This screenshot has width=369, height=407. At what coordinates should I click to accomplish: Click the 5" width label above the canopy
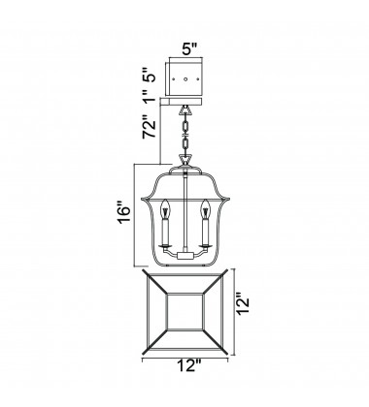tap(189, 45)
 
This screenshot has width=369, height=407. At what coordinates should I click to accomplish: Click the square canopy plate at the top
tap(189, 74)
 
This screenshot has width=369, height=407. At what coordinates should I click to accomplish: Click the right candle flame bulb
tap(205, 206)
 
